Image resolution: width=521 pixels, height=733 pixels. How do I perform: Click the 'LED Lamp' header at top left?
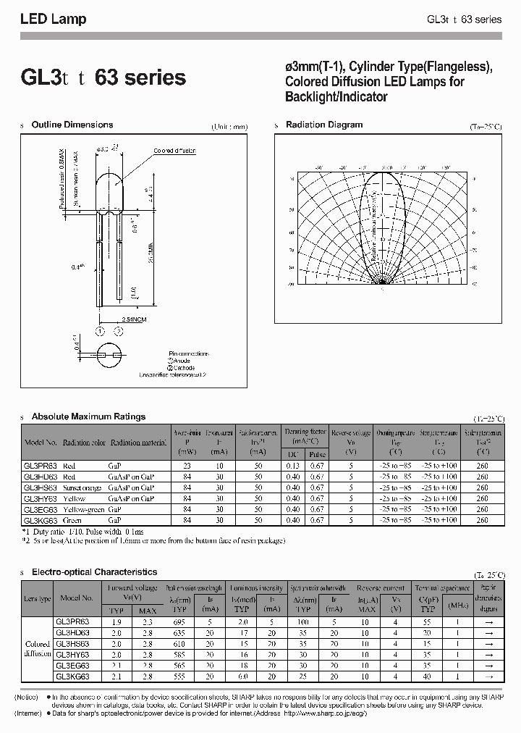[x=53, y=20]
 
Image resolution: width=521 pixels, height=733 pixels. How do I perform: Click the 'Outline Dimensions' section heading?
[x=72, y=125]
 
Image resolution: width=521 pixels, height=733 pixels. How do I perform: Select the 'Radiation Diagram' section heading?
[x=323, y=125]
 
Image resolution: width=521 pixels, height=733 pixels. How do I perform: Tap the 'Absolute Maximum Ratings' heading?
[x=88, y=416]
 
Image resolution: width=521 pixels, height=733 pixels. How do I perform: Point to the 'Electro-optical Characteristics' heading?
[x=94, y=571]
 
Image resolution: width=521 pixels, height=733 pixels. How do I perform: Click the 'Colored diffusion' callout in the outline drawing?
[x=174, y=151]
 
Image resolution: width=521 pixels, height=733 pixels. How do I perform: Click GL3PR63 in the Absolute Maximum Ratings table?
[x=41, y=466]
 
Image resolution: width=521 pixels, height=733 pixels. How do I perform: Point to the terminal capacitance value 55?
[x=428, y=621]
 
